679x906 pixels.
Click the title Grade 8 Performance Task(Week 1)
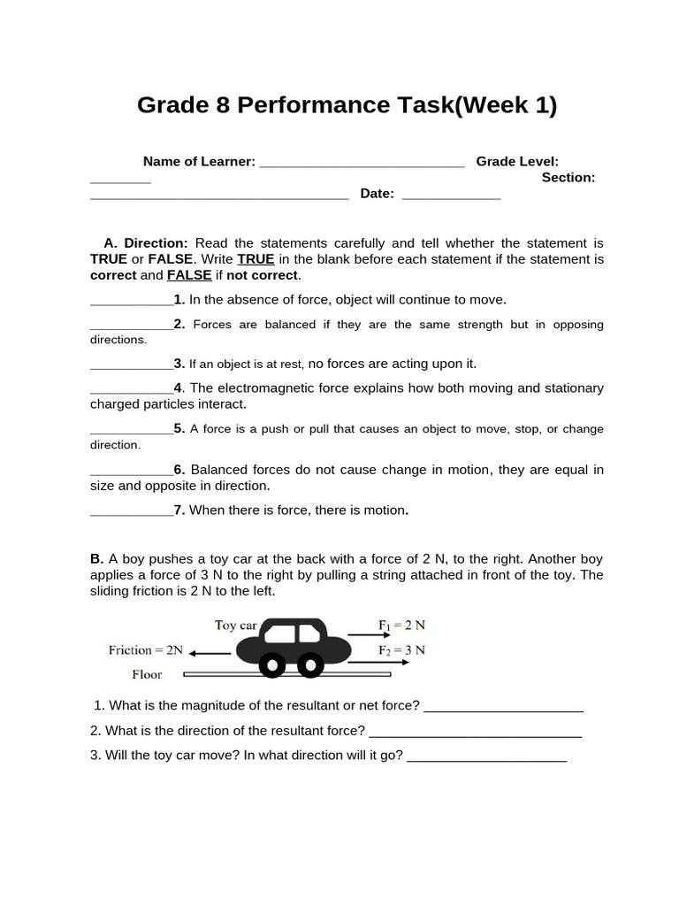347,105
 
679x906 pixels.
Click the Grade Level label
517,161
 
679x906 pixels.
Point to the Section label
568,177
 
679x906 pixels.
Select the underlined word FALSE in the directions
189,274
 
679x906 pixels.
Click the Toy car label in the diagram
235,626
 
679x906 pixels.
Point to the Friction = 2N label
146,650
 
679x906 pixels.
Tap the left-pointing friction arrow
210,653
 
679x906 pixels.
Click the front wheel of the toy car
310,664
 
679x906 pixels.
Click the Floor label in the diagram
147,674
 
